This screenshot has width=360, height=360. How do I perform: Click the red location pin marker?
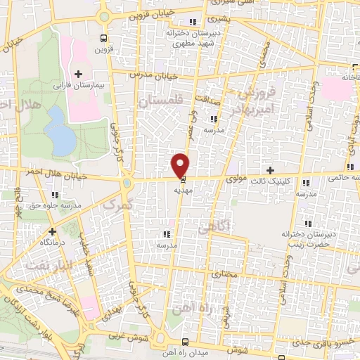pyautogui.click(x=181, y=164)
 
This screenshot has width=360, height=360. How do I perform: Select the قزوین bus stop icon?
pyautogui.click(x=105, y=39)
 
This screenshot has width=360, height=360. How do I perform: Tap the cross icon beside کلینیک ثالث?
pyautogui.click(x=271, y=170)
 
